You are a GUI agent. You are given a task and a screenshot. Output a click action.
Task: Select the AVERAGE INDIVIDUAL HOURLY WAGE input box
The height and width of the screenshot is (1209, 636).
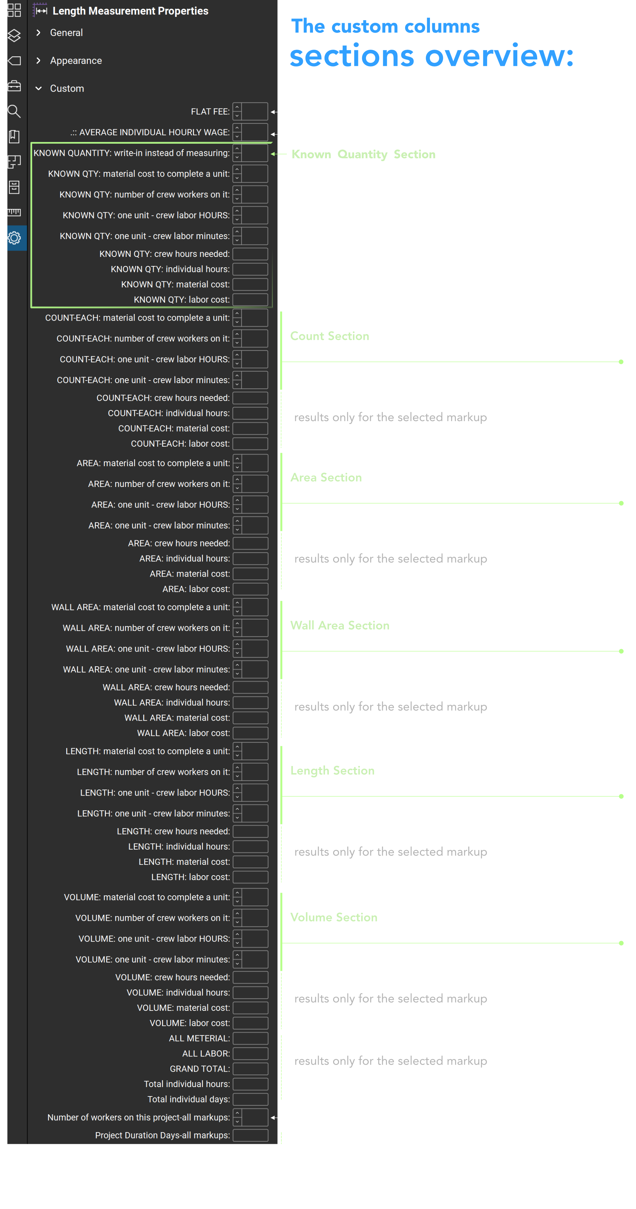click(255, 132)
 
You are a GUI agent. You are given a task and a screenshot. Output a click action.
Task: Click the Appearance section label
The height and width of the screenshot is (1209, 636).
click(76, 60)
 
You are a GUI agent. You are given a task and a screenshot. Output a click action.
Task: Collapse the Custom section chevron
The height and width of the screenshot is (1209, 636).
click(39, 89)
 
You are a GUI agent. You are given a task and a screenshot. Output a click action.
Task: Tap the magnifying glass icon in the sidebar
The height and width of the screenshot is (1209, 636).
click(14, 111)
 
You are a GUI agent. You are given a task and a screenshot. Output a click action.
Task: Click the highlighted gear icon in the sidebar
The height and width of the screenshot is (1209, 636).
click(14, 238)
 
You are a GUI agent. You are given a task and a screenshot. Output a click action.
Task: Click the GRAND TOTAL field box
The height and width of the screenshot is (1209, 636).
click(250, 1069)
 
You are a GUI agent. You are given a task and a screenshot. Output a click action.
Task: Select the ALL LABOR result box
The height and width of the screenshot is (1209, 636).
click(250, 1054)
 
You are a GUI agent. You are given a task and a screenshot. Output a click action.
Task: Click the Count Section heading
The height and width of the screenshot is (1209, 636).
click(329, 336)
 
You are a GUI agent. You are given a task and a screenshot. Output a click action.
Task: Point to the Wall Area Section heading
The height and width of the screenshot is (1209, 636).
click(340, 626)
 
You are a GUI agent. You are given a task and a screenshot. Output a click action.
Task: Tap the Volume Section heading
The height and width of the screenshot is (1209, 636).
click(333, 917)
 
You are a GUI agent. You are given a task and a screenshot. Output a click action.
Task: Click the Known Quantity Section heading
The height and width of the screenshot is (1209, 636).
click(363, 154)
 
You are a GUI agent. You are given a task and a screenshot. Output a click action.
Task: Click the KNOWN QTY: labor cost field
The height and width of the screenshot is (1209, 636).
click(250, 300)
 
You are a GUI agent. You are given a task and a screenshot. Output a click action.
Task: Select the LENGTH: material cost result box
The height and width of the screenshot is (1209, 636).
click(250, 862)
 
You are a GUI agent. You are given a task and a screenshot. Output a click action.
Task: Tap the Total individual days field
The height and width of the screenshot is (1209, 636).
click(250, 1099)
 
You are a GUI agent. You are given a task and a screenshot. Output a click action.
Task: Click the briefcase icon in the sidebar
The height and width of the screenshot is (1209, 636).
click(14, 86)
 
